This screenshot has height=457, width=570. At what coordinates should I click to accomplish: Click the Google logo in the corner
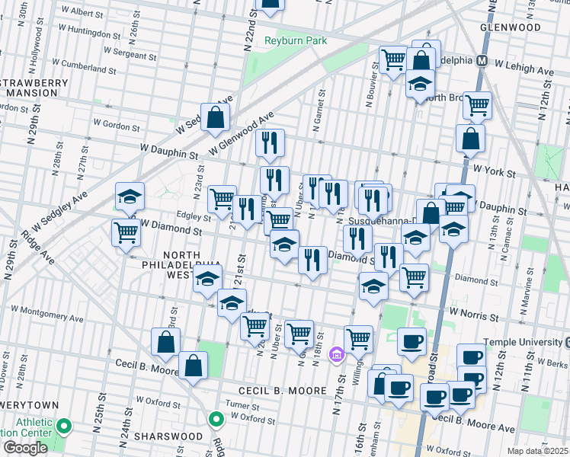[x=25, y=448]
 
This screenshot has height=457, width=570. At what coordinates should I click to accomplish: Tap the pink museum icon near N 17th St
[x=336, y=354]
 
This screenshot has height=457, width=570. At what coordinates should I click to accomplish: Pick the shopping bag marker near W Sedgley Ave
[x=216, y=117]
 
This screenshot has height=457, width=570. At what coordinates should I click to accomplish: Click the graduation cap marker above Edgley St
[x=130, y=197]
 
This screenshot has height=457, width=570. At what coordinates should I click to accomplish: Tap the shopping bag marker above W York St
[x=470, y=138]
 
